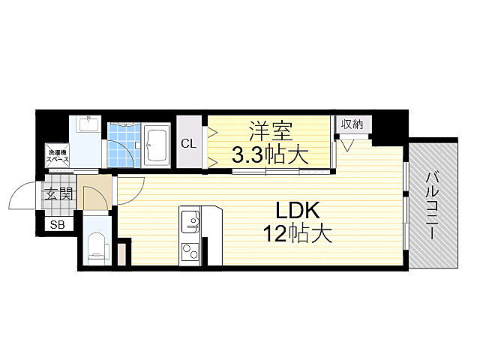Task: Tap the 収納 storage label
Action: pos(352,124)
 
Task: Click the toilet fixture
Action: pos(96,247)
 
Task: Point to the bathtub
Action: pos(157,144)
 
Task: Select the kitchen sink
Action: pos(190,221)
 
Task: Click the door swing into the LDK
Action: pos(130,187)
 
